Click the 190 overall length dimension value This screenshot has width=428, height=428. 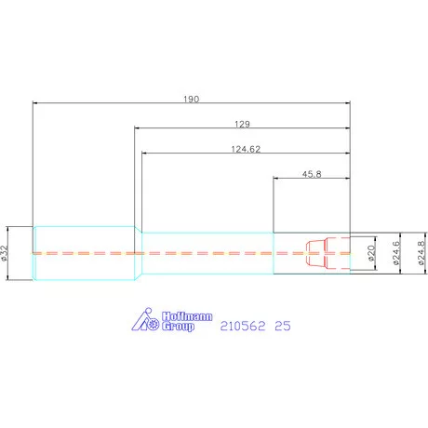(x=191, y=99)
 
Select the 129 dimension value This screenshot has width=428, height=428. (x=242, y=124)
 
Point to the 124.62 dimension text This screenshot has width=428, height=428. (x=246, y=149)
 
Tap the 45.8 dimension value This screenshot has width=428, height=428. (x=312, y=174)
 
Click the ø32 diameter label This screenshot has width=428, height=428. (x=4, y=253)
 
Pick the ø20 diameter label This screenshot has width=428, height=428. (x=371, y=253)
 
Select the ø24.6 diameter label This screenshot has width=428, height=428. (x=396, y=253)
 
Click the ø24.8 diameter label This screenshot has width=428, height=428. (x=421, y=253)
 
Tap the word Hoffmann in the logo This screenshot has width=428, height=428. (x=187, y=316)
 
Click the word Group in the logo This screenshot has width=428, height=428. (x=178, y=327)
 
